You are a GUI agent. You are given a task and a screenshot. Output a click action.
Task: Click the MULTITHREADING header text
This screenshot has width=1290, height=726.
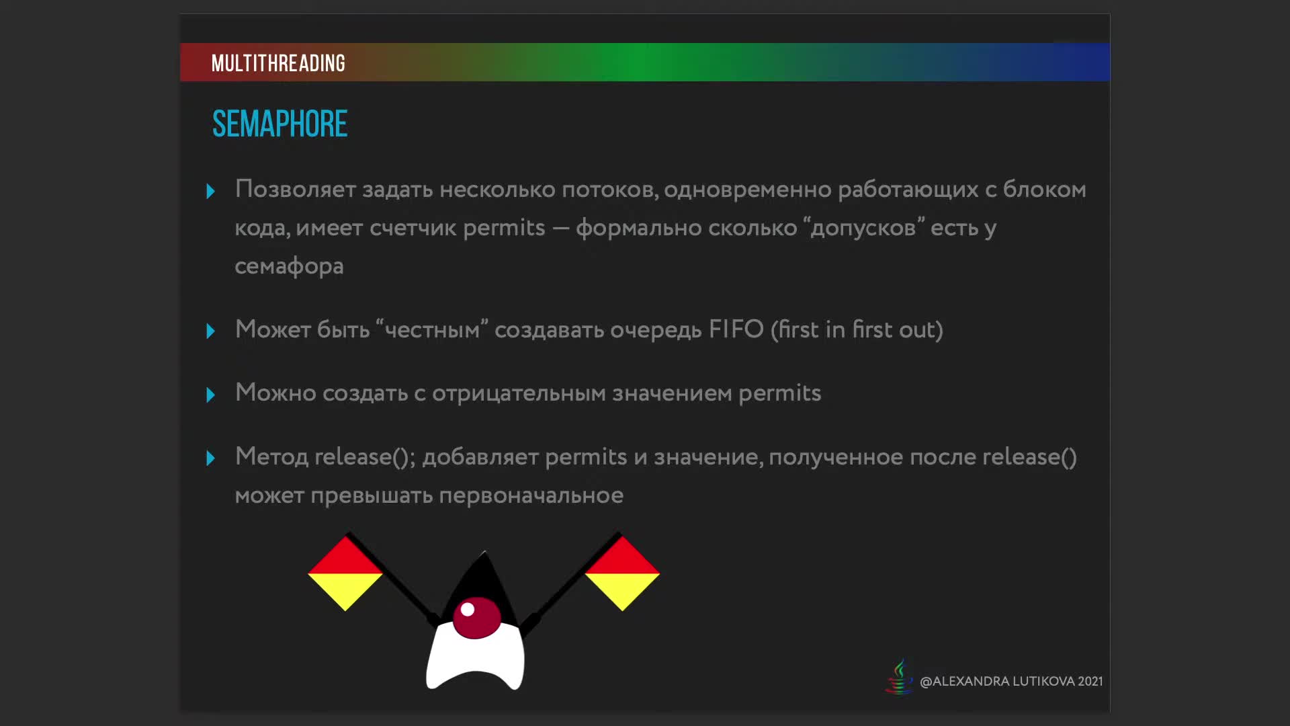(x=278, y=63)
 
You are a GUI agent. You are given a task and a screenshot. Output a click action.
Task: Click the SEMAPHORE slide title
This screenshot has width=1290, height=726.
(x=279, y=124)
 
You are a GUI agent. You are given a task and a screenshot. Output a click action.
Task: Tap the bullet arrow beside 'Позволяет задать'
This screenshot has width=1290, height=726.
(x=210, y=192)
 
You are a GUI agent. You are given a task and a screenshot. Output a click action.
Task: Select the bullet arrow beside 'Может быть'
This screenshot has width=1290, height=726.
(x=210, y=331)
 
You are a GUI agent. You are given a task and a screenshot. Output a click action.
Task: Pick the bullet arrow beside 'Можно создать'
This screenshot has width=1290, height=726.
(x=210, y=395)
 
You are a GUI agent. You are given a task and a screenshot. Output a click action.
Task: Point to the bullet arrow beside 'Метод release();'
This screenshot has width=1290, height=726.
(x=210, y=458)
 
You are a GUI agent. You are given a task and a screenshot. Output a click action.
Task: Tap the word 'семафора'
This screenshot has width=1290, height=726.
(x=289, y=267)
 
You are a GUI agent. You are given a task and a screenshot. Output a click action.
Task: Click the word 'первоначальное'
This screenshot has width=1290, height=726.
(x=531, y=496)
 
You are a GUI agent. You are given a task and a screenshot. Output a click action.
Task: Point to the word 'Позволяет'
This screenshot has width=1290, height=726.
(x=296, y=190)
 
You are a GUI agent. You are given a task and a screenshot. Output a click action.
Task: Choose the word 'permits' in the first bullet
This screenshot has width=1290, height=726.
(x=504, y=229)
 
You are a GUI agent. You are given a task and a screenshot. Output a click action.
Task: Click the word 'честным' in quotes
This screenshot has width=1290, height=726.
(x=432, y=331)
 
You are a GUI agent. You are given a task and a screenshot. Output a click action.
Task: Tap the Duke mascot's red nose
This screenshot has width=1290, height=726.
(x=476, y=617)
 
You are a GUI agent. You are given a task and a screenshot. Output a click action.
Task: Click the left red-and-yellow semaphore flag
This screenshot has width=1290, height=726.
(x=345, y=573)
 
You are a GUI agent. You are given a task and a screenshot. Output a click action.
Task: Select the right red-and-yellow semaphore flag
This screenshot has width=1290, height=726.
(x=622, y=573)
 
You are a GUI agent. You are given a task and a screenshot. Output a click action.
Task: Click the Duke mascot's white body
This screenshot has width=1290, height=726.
(x=475, y=659)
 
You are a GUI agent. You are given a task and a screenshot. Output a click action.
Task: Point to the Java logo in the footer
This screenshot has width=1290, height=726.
(x=899, y=677)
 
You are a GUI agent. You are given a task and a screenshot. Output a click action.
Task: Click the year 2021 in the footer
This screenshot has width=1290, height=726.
(x=1090, y=682)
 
